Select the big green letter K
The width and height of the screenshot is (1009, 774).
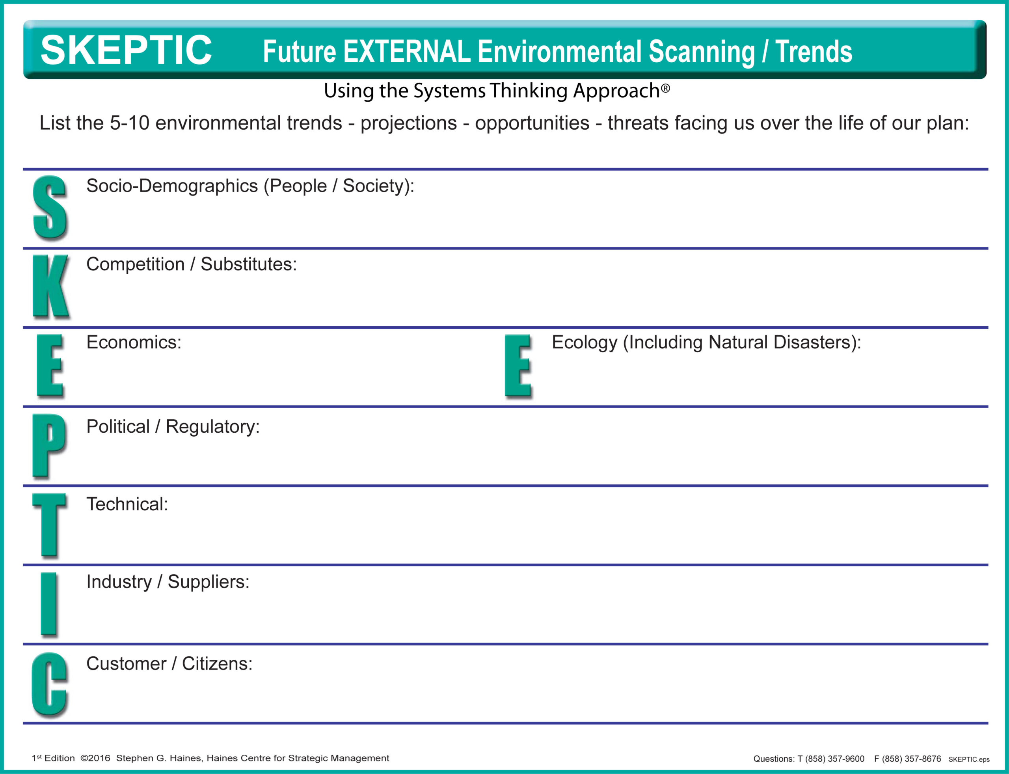pos(51,286)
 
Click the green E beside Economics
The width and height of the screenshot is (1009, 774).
pos(49,365)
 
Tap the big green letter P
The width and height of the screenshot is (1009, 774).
pos(49,445)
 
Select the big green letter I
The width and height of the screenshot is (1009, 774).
pos(48,603)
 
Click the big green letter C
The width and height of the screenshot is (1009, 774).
pos(49,684)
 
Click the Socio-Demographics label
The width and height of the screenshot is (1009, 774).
pos(172,186)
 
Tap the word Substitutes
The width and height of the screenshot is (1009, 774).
pos(248,264)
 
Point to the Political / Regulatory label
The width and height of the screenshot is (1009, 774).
pos(173,427)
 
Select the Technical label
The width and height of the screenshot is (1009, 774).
pos(127,504)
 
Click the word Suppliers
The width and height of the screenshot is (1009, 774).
pos(208,582)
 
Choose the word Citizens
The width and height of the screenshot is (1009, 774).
pos(217,664)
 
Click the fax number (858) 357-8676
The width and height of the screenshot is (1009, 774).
pos(911,759)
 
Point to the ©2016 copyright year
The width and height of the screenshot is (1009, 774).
pos(95,758)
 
